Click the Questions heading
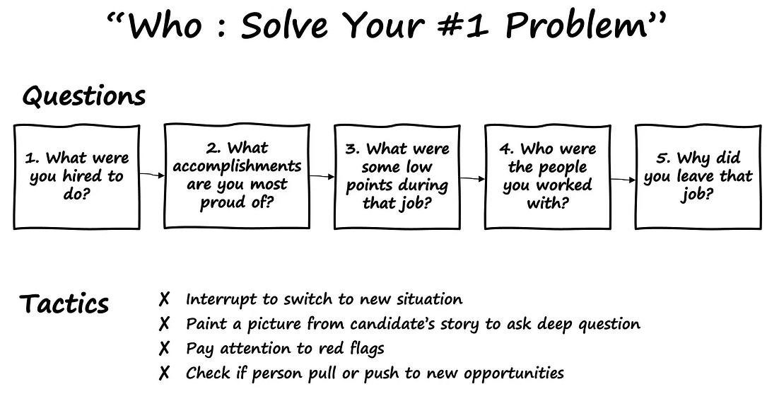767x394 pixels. click(x=83, y=95)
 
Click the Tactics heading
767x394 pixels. click(x=64, y=303)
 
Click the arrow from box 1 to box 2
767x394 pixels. click(x=152, y=175)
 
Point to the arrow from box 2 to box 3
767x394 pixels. click(x=322, y=176)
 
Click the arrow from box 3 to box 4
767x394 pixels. click(x=472, y=179)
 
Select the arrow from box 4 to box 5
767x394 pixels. click(x=623, y=180)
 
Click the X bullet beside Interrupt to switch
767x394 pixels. click(x=164, y=299)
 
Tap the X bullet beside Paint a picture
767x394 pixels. click(x=164, y=323)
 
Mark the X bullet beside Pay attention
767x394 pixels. click(x=164, y=348)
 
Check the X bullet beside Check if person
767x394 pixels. click(x=164, y=373)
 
